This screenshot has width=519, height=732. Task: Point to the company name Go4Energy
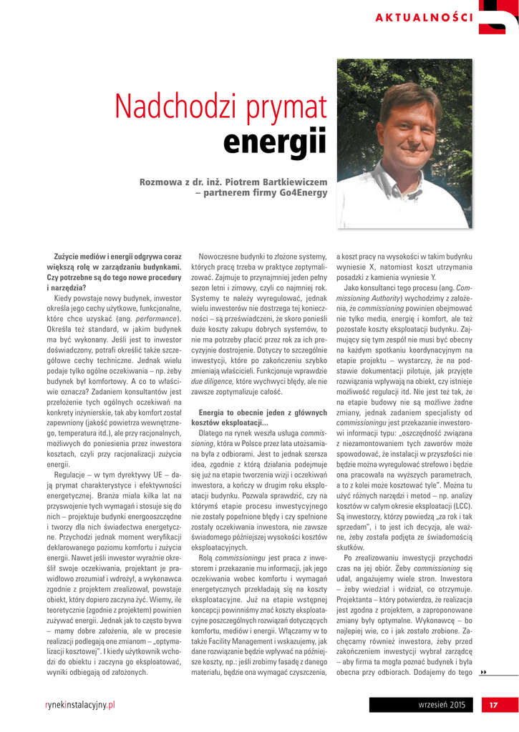point(304,192)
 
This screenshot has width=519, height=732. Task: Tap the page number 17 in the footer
point(493,706)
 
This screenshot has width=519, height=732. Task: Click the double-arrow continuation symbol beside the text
point(483,673)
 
